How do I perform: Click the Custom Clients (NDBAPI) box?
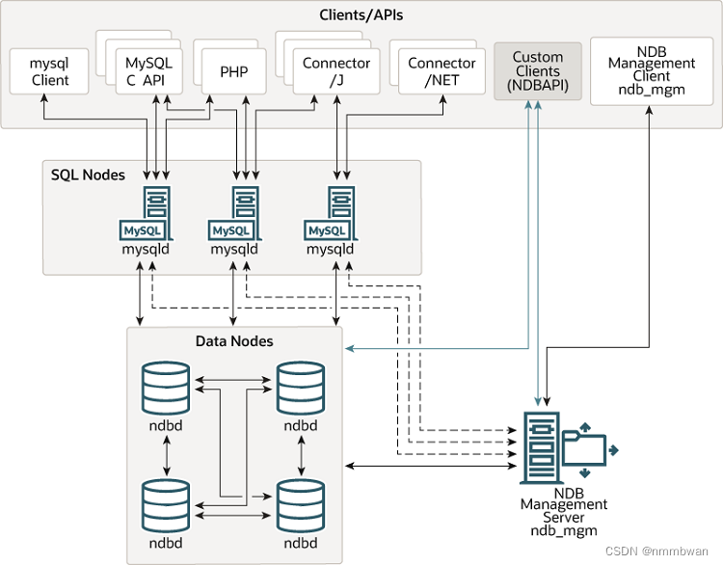point(537,71)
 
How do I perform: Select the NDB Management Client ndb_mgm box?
point(652,69)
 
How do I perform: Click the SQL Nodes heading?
point(88,175)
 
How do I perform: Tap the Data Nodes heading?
point(234,341)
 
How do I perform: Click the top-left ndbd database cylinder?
point(168,388)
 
